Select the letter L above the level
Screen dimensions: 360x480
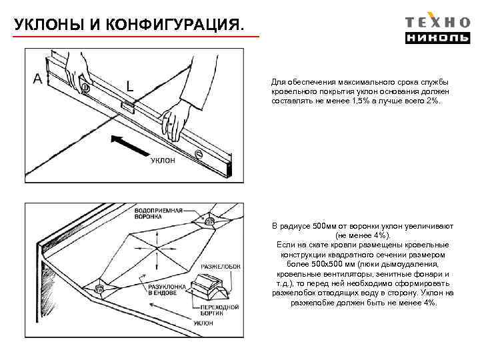[x=130, y=85]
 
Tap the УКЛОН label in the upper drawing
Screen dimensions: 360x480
[x=163, y=161]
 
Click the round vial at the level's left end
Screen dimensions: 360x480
[x=85, y=87]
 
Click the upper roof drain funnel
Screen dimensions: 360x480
[x=209, y=220]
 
